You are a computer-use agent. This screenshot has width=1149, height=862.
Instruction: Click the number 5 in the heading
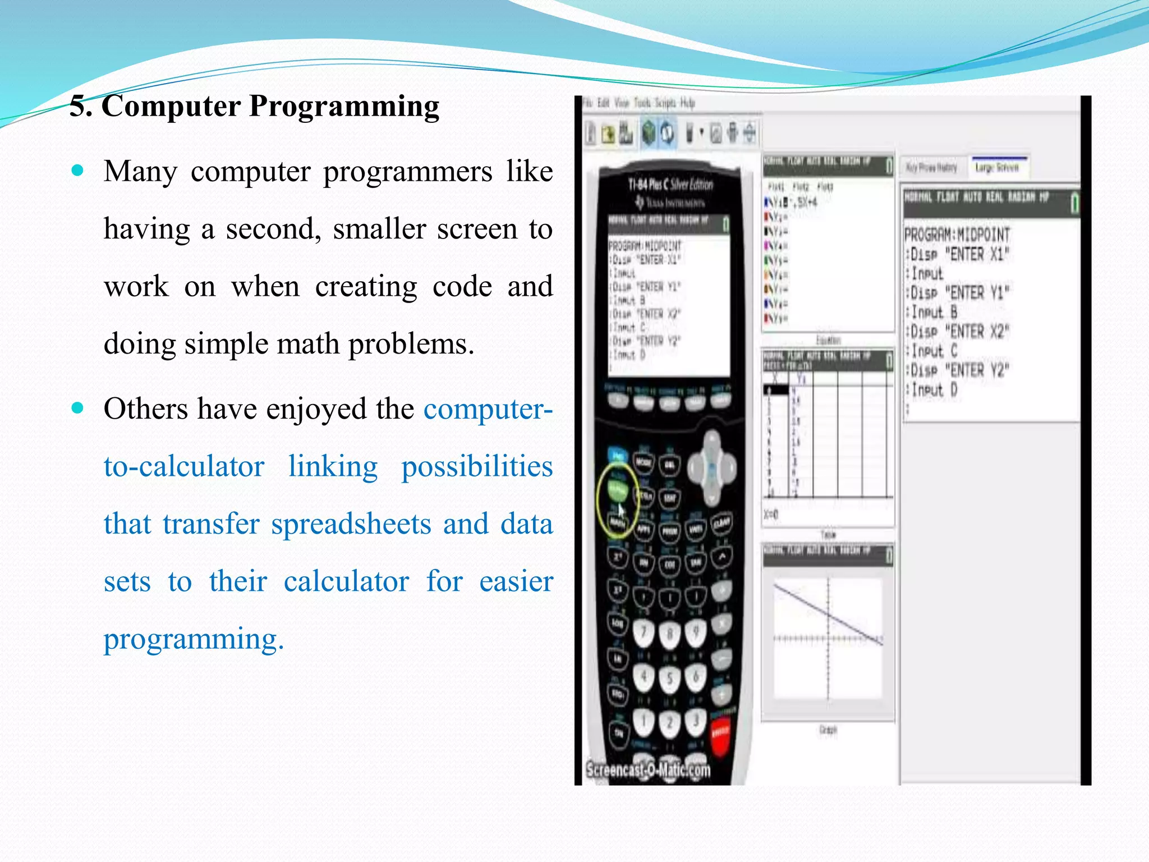click(x=78, y=107)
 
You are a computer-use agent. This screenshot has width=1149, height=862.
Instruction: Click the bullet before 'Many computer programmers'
click(x=78, y=170)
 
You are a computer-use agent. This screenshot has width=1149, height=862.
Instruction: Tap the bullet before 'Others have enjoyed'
click(x=78, y=407)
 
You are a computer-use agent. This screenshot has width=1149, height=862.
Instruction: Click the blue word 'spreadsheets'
click(x=351, y=524)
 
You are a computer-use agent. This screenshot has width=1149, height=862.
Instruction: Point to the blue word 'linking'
click(x=333, y=466)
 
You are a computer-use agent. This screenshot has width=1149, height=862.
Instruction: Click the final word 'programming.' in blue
click(x=194, y=639)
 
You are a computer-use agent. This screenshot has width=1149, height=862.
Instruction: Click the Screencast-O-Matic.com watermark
click(x=648, y=769)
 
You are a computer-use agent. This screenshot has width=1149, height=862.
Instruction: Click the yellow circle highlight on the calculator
click(x=617, y=499)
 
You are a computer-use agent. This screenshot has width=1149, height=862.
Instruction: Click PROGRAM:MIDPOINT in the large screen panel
click(x=957, y=235)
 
